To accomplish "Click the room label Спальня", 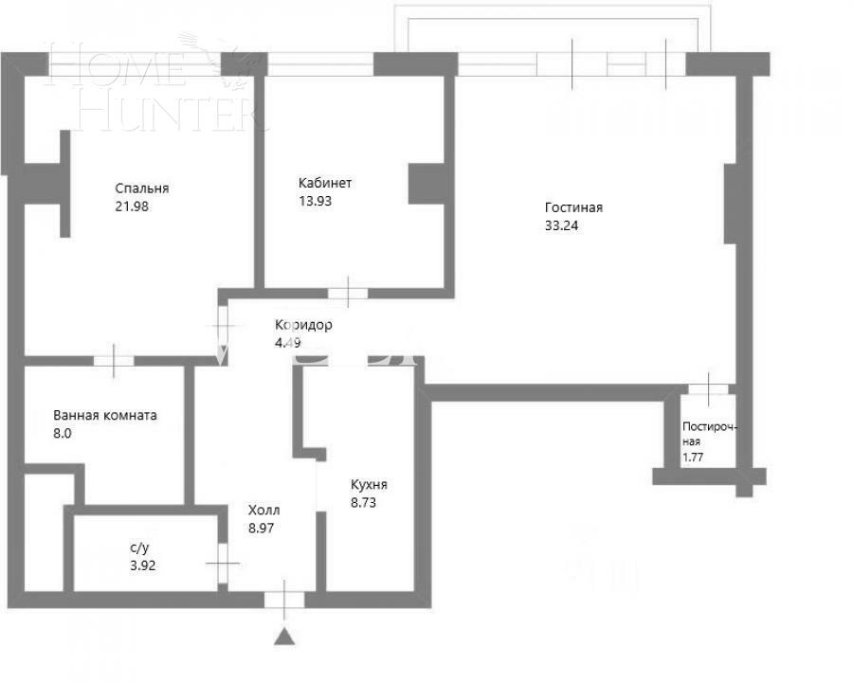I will point(142,188).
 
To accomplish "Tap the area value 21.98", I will point(132,206).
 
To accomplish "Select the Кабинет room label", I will point(324,183).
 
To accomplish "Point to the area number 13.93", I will point(315,201).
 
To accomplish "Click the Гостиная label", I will point(573,208).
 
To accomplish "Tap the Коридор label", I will point(303,325).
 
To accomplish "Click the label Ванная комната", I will point(105,415).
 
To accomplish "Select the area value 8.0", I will point(63,433).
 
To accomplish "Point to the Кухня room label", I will point(369,484).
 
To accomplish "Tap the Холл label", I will point(263,510).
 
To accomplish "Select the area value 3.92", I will point(142,566).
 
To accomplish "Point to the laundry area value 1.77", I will point(694,458).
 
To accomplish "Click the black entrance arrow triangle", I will point(284,636).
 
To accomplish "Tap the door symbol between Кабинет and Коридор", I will point(348,292).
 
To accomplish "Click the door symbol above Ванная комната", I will point(114,359).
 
